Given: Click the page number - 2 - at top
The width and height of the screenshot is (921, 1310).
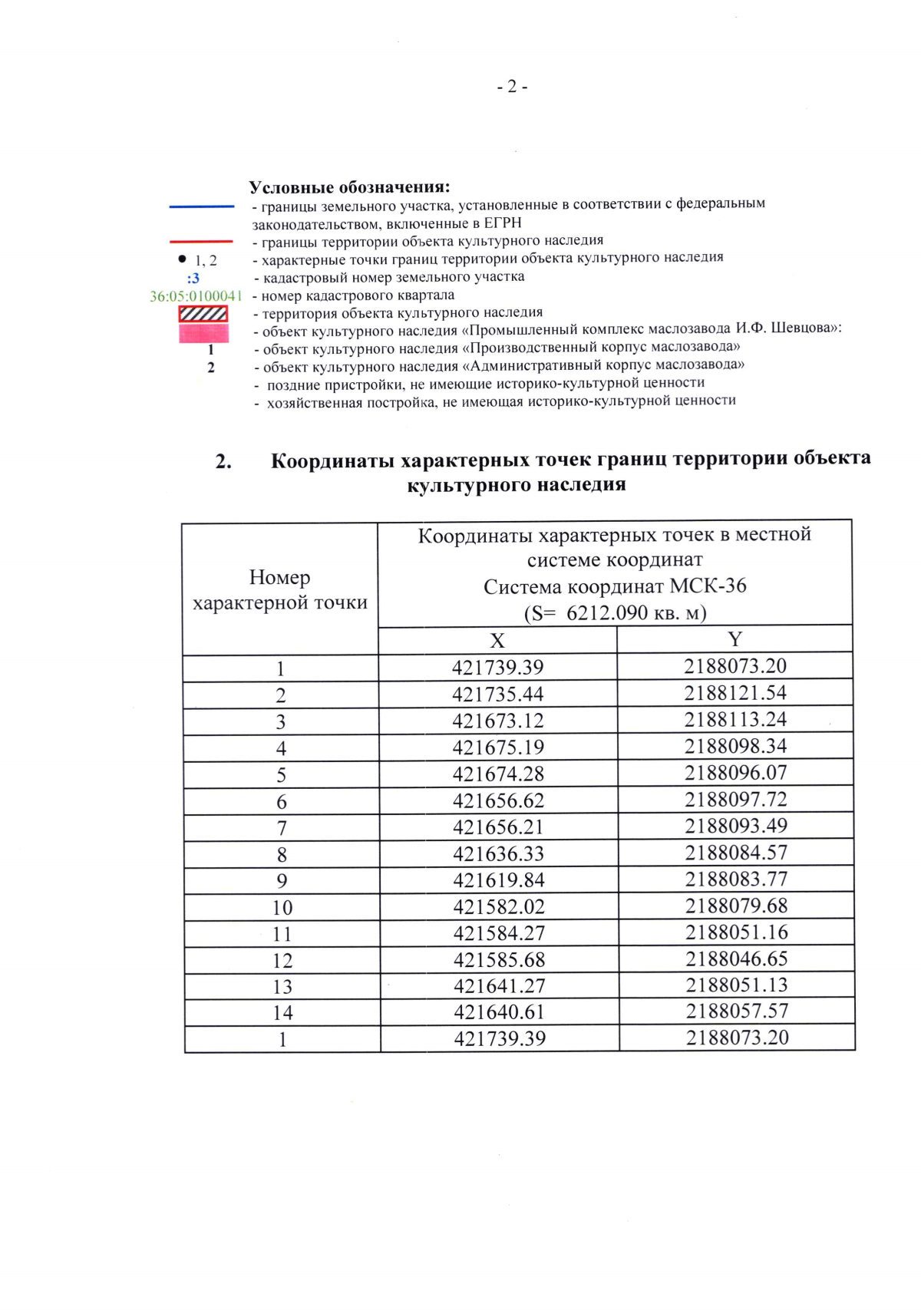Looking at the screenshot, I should click(512, 87).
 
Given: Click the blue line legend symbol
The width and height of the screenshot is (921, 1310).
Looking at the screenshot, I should click(202, 206).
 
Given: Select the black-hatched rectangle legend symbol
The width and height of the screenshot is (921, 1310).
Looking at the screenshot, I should click(203, 314).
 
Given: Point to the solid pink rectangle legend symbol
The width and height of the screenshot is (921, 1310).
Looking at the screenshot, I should click(203, 333).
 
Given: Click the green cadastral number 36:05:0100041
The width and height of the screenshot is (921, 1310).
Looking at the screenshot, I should click(196, 296).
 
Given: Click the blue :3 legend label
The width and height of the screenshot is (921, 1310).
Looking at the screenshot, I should click(193, 278).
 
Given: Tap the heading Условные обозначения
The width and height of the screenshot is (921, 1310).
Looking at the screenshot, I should click(349, 187).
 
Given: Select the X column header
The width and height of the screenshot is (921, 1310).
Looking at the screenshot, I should click(497, 641).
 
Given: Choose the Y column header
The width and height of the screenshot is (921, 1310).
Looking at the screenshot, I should click(734, 639).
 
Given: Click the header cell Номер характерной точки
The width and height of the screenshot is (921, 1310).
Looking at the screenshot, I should click(280, 589).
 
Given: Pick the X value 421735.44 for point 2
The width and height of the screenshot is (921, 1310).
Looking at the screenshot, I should click(497, 695).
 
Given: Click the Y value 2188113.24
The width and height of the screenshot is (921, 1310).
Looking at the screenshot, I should click(735, 720).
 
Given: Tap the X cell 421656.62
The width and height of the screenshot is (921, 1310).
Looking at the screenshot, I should click(498, 800).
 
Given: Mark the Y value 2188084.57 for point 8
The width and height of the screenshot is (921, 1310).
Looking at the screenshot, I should click(736, 853).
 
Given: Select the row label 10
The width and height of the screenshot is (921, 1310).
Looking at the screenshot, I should click(282, 908).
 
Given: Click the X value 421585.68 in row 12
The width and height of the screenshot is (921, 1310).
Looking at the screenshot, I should click(499, 960).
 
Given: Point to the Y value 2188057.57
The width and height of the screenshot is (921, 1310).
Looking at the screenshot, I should click(737, 1011).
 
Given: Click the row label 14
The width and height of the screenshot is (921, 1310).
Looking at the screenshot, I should click(282, 1013).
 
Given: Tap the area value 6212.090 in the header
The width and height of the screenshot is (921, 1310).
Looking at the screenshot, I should click(606, 613).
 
